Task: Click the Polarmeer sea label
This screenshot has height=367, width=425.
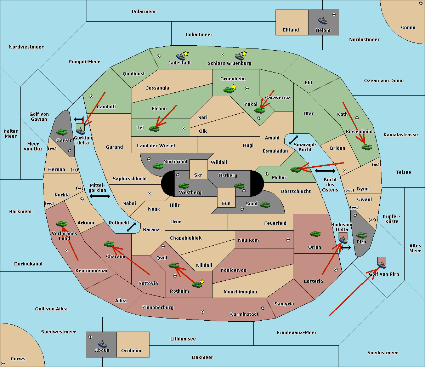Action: (x=144, y=12)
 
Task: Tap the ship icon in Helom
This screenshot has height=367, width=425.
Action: (x=323, y=21)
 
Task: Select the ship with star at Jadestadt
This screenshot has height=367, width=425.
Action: (x=181, y=56)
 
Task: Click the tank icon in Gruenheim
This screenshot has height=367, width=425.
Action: (x=228, y=90)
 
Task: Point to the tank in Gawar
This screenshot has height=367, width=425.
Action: (x=61, y=132)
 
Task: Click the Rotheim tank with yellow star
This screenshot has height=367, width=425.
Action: (x=197, y=284)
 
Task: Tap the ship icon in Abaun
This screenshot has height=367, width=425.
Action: (x=102, y=344)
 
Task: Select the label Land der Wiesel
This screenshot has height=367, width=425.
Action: (x=156, y=145)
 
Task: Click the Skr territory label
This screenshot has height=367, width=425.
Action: (x=198, y=175)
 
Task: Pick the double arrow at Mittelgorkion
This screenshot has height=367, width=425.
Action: (x=100, y=196)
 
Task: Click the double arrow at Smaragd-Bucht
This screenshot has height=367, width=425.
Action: (x=294, y=140)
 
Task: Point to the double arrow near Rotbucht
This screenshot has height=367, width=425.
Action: (x=131, y=227)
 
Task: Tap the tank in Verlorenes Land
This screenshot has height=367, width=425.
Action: (x=62, y=224)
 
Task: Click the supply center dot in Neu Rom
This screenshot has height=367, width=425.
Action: (x=288, y=240)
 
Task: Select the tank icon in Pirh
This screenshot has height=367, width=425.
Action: (x=361, y=235)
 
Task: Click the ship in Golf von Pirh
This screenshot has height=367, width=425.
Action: (x=381, y=264)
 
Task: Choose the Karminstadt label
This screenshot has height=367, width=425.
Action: (x=244, y=314)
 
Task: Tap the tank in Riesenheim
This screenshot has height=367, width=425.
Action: (x=367, y=147)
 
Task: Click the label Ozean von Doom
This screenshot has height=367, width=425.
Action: (x=384, y=81)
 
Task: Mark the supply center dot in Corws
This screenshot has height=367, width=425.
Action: (x=3, y=363)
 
